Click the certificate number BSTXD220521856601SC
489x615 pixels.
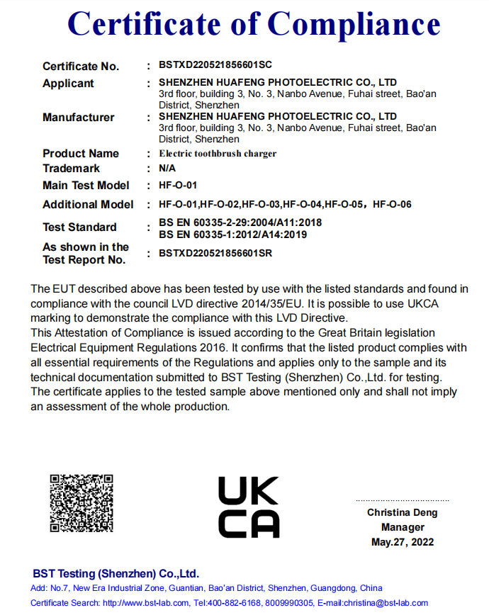point(215,66)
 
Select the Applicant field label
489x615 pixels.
point(68,84)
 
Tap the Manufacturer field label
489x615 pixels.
point(78,118)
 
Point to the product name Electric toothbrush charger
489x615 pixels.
point(218,153)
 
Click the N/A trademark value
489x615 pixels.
point(167,169)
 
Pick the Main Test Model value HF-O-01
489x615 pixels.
point(178,186)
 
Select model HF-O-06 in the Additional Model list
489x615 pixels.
point(392,205)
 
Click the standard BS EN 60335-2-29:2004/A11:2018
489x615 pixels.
point(240,222)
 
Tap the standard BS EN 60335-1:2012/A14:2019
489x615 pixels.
point(233,235)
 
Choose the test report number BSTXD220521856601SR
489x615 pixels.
point(216,253)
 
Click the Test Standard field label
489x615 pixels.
point(79,227)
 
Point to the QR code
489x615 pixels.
point(81,503)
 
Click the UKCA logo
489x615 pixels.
point(248,507)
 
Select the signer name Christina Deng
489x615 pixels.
point(402,512)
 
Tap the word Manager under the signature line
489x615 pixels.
point(403,527)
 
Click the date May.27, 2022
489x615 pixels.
point(403,542)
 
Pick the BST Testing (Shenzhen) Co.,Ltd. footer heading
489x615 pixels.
point(116,574)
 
